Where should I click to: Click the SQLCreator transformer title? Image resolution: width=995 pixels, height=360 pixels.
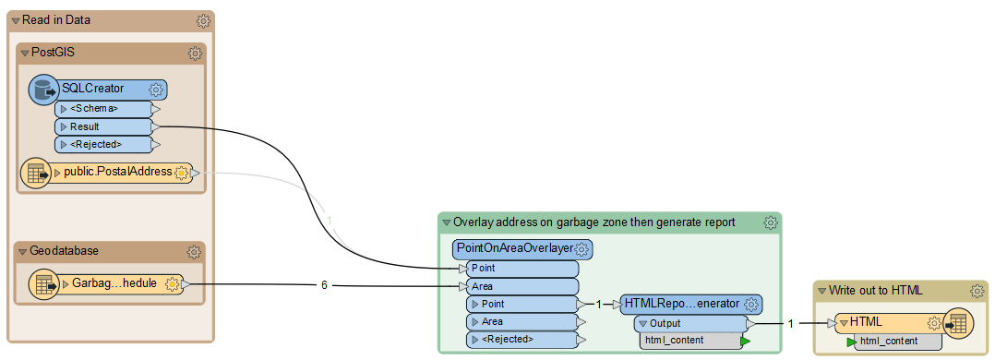(x=92, y=89)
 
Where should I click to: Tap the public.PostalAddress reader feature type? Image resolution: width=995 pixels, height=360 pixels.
(x=117, y=172)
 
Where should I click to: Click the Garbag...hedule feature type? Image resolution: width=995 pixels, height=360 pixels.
(x=114, y=284)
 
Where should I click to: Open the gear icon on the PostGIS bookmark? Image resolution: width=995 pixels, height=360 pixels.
(x=195, y=54)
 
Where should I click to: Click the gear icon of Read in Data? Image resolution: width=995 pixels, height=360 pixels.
(x=203, y=20)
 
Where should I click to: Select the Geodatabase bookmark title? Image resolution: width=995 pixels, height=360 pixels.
(x=64, y=251)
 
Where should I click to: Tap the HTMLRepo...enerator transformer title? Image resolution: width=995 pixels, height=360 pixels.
(x=681, y=303)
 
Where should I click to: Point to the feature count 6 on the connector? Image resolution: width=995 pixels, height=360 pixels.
(x=324, y=285)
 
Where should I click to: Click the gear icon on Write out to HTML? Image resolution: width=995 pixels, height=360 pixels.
(x=977, y=291)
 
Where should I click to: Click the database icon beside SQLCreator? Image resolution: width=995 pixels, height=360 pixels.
(x=42, y=90)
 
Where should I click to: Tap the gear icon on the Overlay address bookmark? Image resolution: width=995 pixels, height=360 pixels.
(x=770, y=222)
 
